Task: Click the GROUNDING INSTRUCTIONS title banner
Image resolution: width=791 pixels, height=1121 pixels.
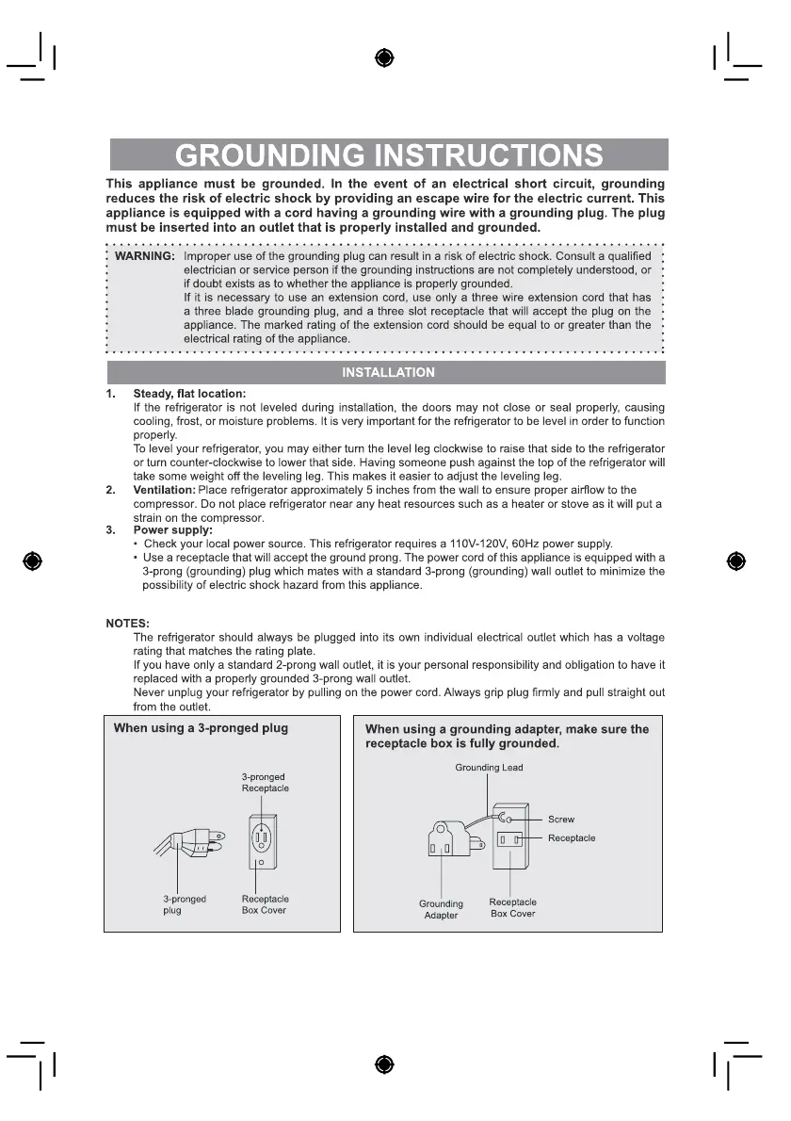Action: point(389,154)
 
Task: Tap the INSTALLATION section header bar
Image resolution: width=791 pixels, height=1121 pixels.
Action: point(388,372)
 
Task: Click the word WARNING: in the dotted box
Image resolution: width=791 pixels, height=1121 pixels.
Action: point(144,256)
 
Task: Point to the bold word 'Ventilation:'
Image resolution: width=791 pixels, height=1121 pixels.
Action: point(164,490)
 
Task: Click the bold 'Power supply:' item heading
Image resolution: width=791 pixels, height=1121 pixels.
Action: point(172,530)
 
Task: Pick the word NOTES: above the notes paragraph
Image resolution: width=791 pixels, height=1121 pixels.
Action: point(127,624)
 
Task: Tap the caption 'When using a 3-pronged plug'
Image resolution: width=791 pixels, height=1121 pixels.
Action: point(201,728)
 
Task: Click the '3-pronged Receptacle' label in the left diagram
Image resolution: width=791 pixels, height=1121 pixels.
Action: point(265,783)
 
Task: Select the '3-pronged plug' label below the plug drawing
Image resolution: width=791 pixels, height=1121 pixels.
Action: point(185,905)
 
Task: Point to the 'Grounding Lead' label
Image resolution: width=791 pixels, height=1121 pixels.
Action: point(489,768)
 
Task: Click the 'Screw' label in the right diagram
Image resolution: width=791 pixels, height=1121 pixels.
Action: point(561,820)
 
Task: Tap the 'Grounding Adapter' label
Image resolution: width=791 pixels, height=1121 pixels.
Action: point(441,910)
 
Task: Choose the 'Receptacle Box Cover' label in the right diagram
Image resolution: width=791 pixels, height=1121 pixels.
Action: point(513,908)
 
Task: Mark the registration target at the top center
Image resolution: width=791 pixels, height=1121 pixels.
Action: point(383,57)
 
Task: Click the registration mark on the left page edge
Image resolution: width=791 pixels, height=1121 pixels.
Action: point(32,561)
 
